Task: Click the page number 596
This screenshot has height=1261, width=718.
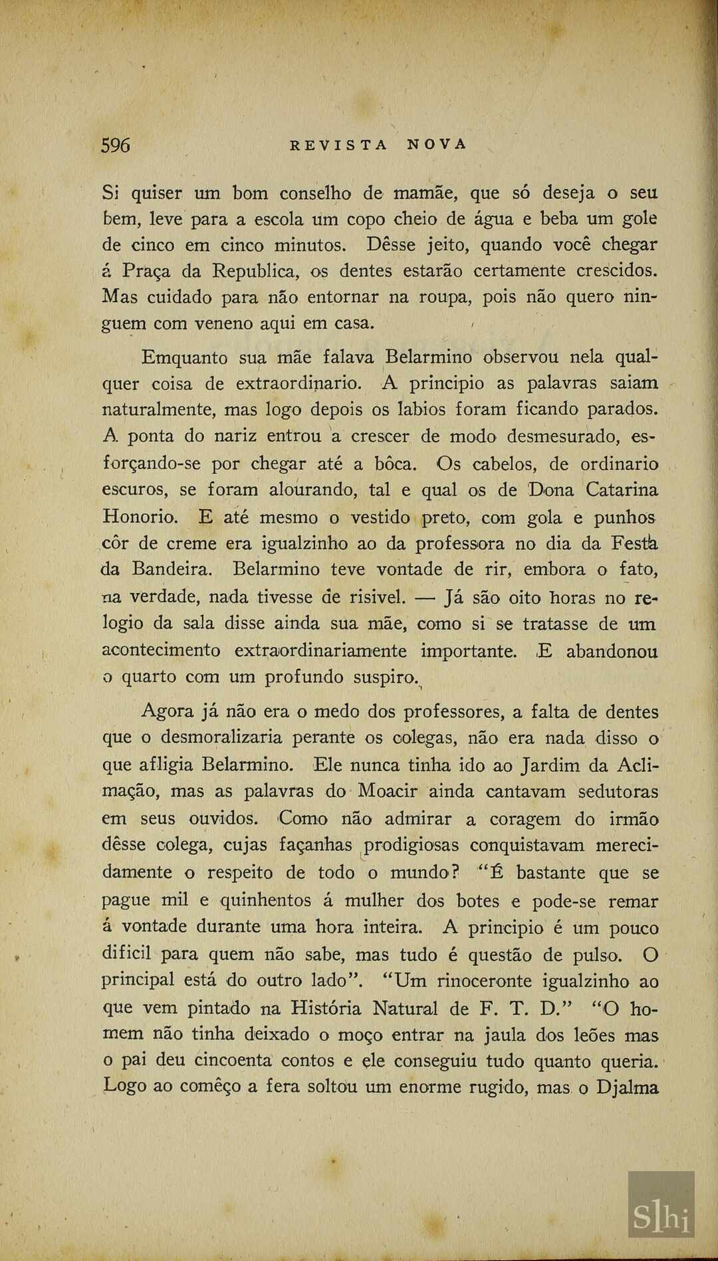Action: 116,145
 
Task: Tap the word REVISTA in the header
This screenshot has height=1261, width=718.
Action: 338,145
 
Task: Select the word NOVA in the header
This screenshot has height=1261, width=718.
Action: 437,145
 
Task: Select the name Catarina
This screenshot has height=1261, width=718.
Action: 622,490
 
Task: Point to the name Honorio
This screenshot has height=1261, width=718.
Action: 140,517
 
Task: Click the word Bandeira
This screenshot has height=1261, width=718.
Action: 172,570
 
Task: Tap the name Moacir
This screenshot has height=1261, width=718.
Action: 387,792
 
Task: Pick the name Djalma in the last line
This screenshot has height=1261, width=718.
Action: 627,1087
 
